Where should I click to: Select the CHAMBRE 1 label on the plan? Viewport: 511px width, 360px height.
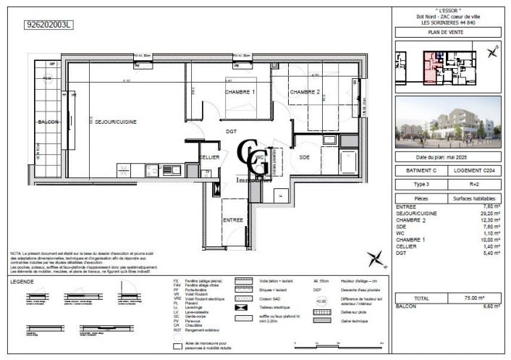[239, 93]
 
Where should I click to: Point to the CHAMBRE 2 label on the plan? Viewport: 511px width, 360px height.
[305, 93]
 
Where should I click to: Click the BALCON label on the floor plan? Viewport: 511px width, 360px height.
[48, 122]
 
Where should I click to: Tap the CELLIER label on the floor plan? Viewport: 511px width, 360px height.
[209, 156]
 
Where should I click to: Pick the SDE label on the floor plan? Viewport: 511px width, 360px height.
[305, 156]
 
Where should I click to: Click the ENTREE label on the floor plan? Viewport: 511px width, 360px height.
[232, 219]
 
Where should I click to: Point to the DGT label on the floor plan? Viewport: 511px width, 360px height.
[231, 131]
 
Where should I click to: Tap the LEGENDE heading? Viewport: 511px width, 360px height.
[28, 282]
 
